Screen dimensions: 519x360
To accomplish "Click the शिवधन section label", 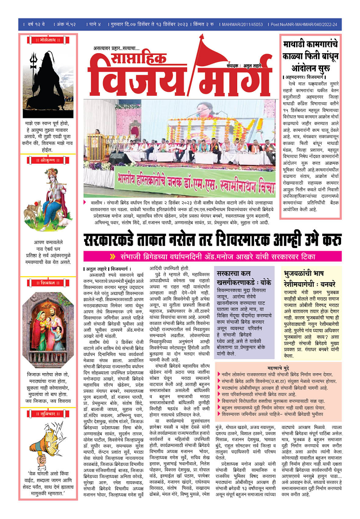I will (x=48, y=283).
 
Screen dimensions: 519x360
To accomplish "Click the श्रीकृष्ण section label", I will (x=48, y=160).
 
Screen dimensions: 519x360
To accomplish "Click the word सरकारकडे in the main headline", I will (x=117, y=239).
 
